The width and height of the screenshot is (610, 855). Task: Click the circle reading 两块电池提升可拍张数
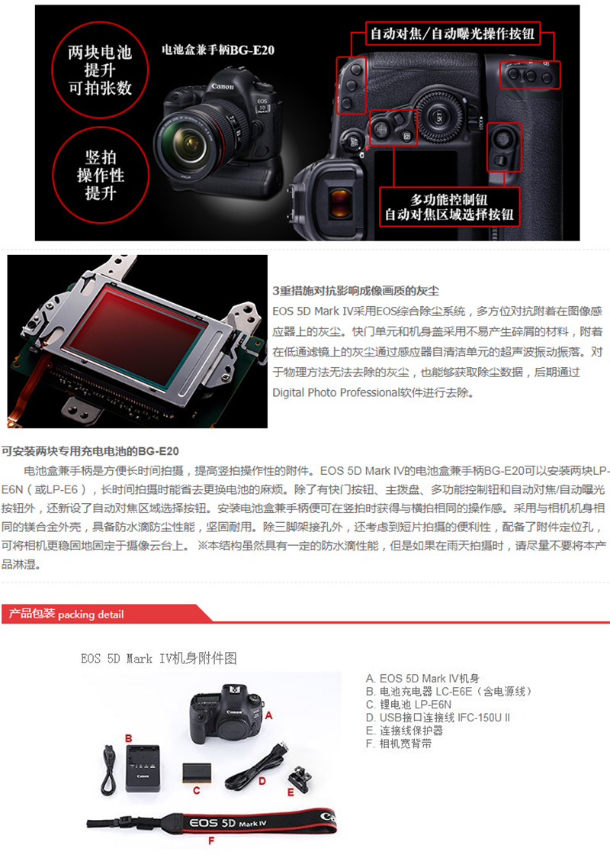(100, 69)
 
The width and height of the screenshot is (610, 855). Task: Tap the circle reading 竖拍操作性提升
(100, 175)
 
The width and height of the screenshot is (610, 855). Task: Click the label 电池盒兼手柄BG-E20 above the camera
(218, 50)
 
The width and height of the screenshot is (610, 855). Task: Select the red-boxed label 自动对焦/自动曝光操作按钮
(452, 34)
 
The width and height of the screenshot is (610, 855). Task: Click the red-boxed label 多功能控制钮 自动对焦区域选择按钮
(449, 207)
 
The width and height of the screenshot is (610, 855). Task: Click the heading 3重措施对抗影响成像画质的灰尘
(355, 291)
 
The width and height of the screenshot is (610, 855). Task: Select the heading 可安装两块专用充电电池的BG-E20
(90, 451)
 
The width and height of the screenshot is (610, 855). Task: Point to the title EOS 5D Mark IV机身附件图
(159, 658)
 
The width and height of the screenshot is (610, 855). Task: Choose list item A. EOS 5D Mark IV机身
(422, 679)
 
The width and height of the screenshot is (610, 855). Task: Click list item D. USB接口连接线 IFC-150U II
(438, 718)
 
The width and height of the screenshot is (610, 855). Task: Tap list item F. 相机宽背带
(399, 744)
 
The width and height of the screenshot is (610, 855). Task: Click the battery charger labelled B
(143, 768)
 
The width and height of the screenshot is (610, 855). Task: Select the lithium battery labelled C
(197, 774)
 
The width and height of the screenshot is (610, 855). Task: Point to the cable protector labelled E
(300, 776)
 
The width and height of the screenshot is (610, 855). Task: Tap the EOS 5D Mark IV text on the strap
(228, 823)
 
